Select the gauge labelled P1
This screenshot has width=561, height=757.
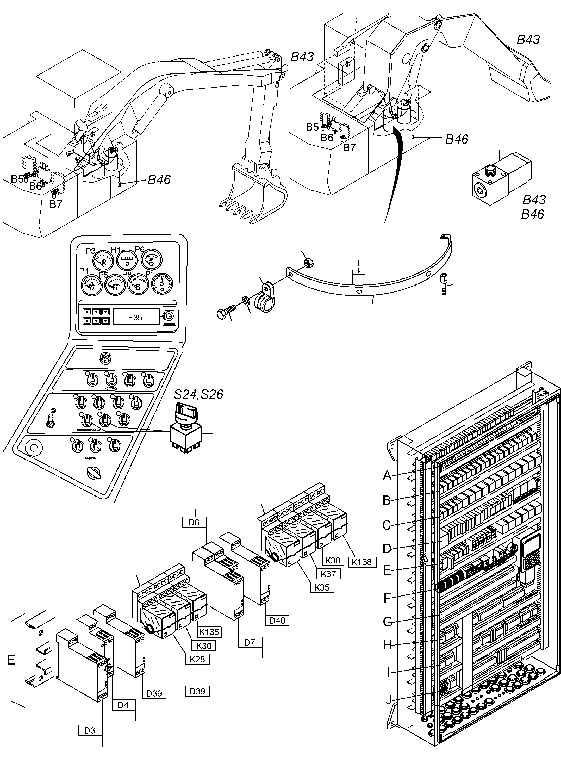coord(162,283)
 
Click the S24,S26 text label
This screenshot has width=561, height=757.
coord(199,394)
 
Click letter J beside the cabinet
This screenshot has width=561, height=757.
coord(389,700)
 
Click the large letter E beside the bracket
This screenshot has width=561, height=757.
coord(11,660)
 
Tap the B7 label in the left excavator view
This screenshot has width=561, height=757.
coord(56,204)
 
